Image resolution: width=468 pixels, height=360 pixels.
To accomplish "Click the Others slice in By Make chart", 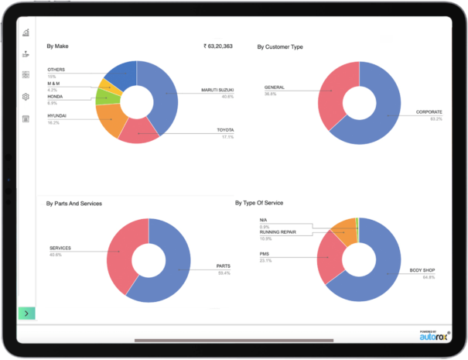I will [121, 75].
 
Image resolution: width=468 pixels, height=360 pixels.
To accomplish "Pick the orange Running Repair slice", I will [342, 231].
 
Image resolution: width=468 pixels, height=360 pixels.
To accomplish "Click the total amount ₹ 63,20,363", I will [224, 46].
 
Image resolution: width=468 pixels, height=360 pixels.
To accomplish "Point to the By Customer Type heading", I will [280, 47].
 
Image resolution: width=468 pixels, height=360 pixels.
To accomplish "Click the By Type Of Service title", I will [259, 203].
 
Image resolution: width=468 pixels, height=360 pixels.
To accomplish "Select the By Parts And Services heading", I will [74, 204].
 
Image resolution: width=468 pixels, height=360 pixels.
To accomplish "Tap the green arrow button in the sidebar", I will [26, 314].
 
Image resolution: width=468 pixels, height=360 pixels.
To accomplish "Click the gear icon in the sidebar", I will [26, 97].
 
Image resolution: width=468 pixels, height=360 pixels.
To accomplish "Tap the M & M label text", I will [56, 83].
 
